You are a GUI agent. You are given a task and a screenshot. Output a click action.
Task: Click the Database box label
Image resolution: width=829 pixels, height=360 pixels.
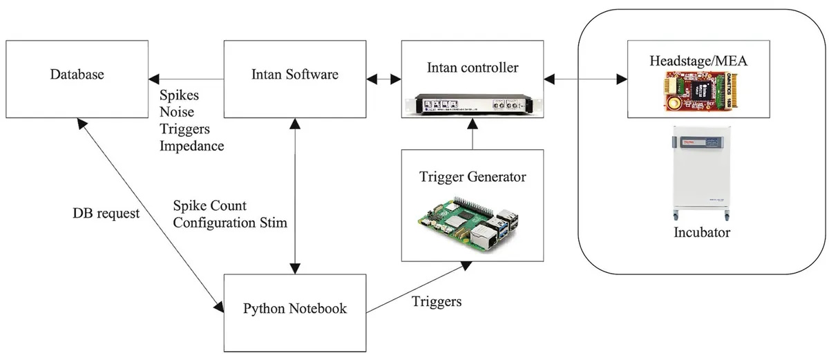coord(76,74)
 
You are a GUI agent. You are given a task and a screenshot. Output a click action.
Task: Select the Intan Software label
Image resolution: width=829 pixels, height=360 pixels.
coord(295,74)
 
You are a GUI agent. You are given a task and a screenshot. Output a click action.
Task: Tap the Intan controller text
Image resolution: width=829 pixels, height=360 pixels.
coord(473,68)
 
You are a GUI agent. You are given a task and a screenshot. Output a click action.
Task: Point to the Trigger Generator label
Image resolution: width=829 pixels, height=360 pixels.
coord(473,177)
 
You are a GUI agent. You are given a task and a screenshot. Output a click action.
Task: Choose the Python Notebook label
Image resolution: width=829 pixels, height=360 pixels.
coord(295,309)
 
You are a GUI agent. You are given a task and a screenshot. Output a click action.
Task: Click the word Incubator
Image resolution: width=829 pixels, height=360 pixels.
coord(702,232)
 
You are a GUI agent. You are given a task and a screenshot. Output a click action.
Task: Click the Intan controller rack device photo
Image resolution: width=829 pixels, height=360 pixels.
coord(473,102)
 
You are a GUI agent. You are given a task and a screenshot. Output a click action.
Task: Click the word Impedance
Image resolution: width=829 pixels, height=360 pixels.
coord(191,146)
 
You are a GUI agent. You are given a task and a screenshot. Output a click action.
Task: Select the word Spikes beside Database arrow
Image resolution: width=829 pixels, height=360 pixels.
coord(178,96)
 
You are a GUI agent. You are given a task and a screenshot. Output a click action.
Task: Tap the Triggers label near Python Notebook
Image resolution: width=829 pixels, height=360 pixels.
coord(437,302)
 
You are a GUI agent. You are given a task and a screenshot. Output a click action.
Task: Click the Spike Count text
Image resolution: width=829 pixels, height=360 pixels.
coord(209,206)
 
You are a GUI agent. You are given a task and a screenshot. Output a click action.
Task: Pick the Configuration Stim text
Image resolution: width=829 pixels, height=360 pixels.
coord(230,222)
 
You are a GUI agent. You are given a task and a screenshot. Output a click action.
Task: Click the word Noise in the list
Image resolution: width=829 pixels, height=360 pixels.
coord(177,113)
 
